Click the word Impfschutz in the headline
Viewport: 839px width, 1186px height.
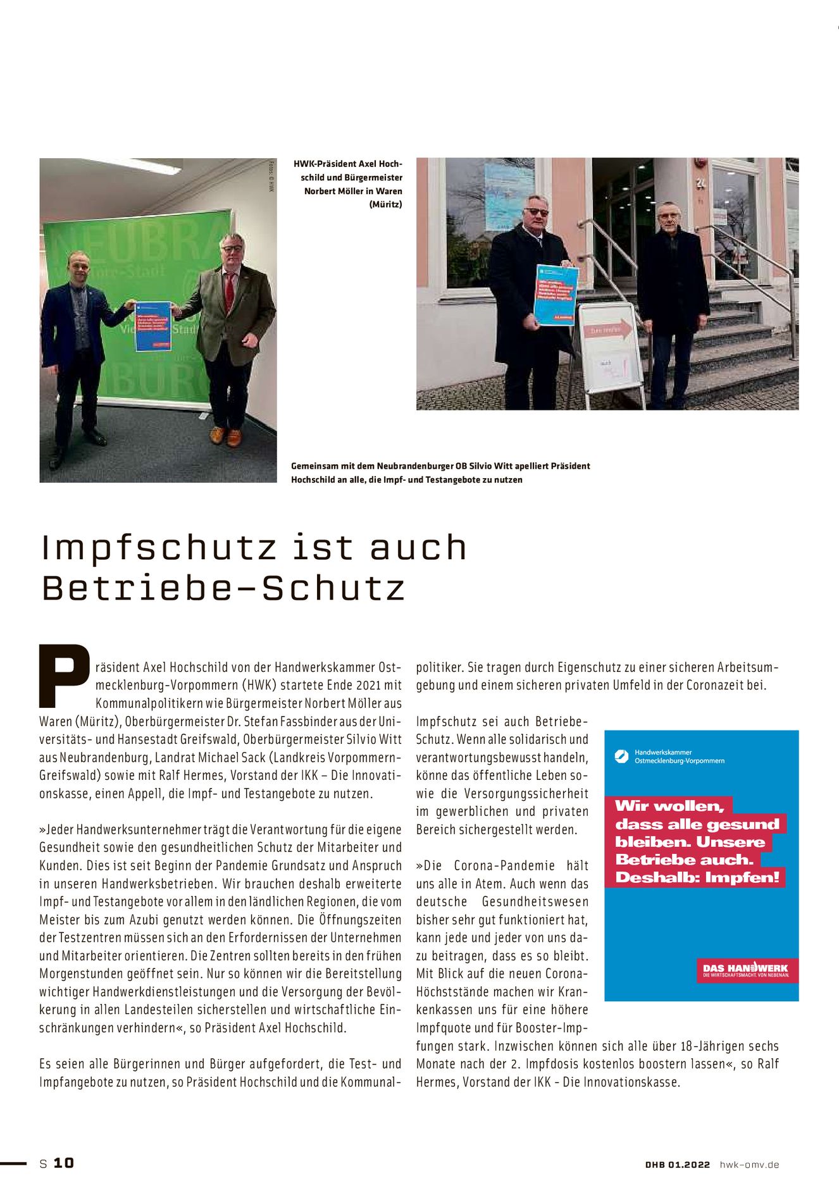pos(159,548)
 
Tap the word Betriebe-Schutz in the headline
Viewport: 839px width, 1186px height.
pos(223,588)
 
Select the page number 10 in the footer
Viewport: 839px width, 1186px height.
pos(63,1163)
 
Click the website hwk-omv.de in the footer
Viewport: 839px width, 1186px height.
pos(749,1164)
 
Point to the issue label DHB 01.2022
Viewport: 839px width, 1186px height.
pos(677,1164)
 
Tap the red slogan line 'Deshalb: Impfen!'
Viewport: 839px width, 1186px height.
pos(697,877)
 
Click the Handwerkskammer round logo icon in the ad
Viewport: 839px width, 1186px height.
pos(622,756)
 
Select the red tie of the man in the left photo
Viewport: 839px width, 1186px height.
pos(229,292)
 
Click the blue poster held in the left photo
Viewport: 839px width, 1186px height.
pos(152,326)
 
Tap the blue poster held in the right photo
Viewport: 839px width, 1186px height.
pos(555,295)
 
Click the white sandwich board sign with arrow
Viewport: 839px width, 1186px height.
pos(610,348)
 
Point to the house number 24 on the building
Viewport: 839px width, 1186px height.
pos(700,184)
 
